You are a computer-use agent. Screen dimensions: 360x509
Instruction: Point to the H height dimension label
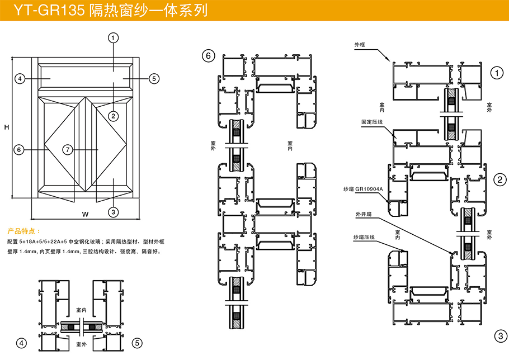pos(7,127)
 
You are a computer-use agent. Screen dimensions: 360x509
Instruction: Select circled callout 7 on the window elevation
pos(67,150)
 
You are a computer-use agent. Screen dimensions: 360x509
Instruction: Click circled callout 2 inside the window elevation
pos(113,116)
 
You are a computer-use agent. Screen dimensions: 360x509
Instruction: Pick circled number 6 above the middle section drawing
pos(208,55)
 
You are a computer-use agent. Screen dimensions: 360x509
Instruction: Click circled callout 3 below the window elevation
pos(113,212)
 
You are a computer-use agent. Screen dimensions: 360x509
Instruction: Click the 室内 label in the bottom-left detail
pos(81,309)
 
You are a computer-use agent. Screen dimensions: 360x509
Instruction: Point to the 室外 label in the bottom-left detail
pos(81,343)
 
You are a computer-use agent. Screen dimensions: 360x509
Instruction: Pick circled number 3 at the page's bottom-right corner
pos(499,335)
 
